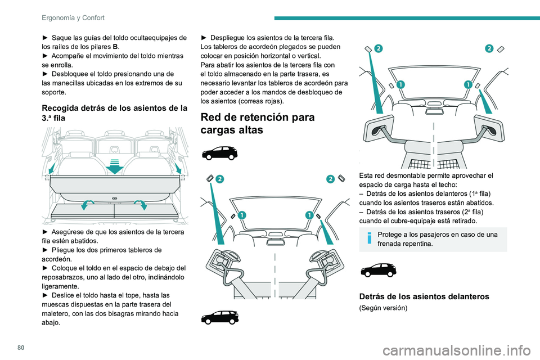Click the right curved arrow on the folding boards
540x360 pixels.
point(141,205)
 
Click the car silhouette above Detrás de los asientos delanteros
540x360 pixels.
point(377,270)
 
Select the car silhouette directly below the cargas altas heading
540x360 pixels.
point(219,152)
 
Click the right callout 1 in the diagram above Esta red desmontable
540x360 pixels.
point(467,84)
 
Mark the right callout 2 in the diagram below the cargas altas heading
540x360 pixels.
point(330,179)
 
